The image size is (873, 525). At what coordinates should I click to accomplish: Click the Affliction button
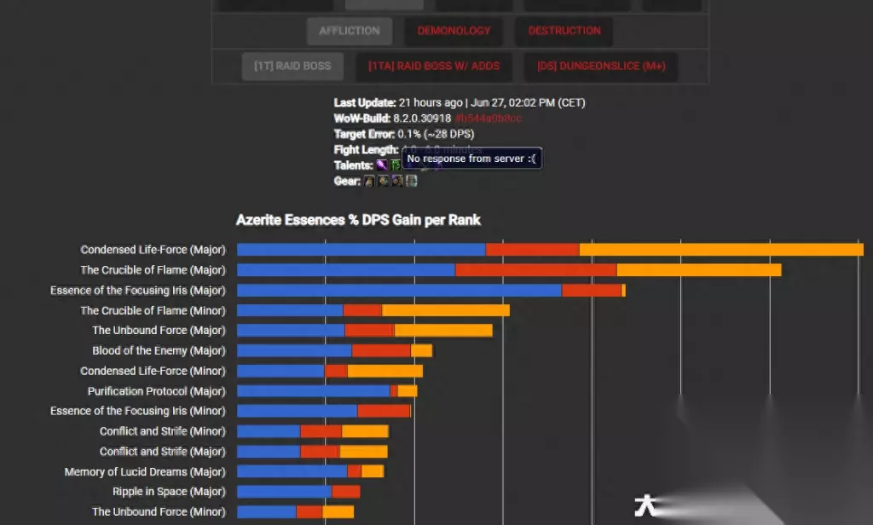(350, 32)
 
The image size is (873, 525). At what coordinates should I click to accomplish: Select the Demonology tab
(454, 32)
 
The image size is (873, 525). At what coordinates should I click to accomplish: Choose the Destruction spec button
(564, 32)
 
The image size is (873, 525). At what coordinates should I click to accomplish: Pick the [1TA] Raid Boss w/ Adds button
(434, 66)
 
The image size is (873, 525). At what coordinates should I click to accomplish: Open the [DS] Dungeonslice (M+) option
(601, 66)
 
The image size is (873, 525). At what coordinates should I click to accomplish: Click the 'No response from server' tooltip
(471, 159)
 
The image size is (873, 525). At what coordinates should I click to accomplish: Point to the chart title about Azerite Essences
(358, 220)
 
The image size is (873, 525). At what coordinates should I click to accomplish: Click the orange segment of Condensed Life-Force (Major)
(720, 250)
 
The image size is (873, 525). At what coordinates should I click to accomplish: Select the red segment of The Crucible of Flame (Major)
(535, 270)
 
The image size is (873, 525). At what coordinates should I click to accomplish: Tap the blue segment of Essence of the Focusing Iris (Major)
(399, 291)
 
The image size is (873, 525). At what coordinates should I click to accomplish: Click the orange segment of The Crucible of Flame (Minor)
(445, 311)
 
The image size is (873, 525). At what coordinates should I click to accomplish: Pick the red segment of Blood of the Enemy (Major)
(381, 350)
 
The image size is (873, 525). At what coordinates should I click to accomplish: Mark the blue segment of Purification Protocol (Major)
(313, 391)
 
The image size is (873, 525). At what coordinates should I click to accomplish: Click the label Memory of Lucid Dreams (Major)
(145, 471)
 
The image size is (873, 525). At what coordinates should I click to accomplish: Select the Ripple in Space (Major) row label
(169, 492)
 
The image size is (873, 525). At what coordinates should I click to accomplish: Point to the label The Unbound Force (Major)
(159, 331)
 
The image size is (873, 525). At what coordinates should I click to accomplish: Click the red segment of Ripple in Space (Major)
(345, 492)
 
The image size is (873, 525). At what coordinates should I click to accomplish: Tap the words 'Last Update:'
(365, 102)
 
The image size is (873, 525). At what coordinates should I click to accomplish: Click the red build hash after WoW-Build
(488, 118)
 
